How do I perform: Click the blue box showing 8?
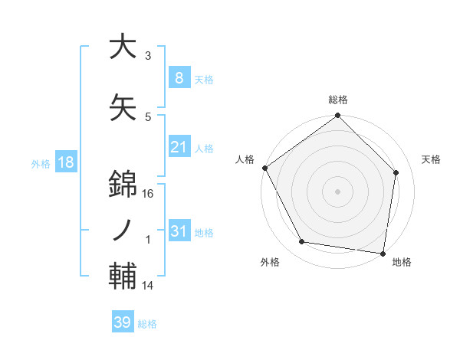[179, 77]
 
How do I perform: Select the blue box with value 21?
[179, 146]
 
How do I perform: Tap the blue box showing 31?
[179, 231]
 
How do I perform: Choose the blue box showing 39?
[122, 322]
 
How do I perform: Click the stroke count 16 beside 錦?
[149, 194]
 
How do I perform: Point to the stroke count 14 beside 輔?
[149, 286]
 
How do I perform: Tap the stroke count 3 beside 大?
[148, 56]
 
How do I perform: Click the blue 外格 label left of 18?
[41, 163]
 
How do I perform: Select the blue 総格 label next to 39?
[147, 323]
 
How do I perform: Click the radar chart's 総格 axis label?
[338, 100]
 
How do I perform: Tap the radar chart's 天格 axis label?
[432, 159]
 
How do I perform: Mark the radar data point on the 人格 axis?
[264, 168]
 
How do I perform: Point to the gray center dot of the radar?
[338, 191]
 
